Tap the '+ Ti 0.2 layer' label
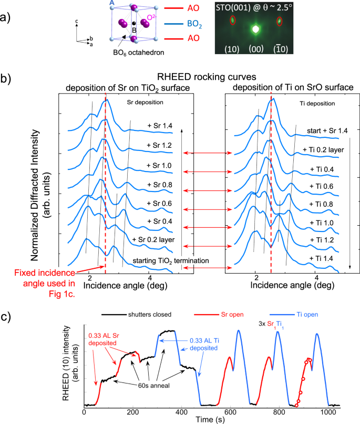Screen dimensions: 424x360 click(x=323, y=150)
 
